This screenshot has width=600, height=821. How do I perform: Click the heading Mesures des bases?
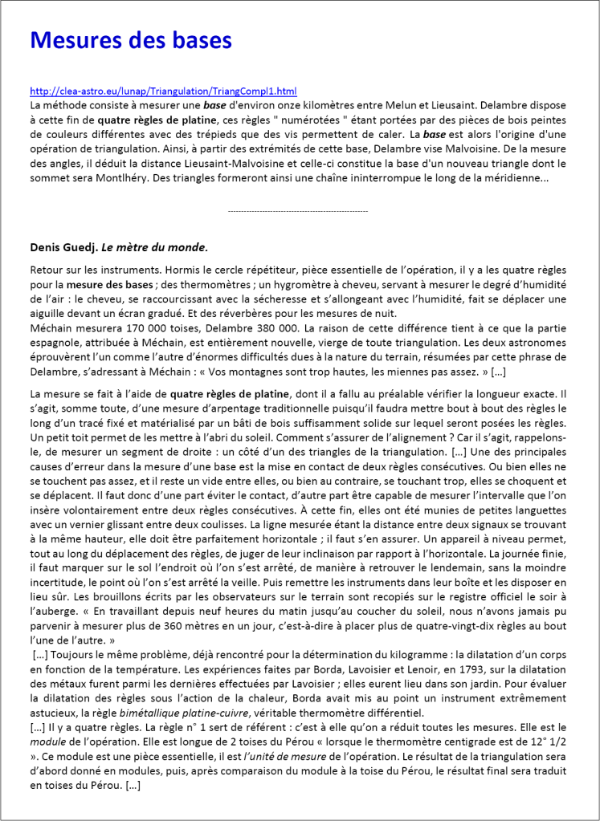click(130, 40)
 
